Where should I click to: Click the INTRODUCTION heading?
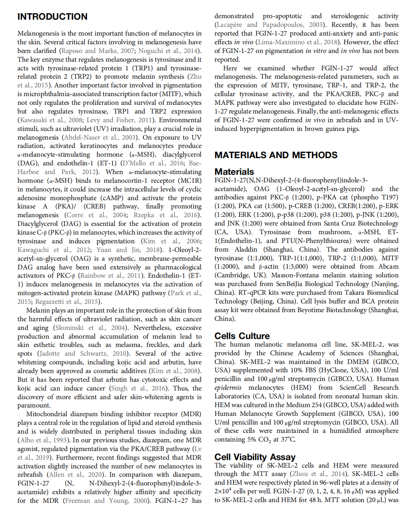pos(52,17)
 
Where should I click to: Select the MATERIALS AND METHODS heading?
pos(276,155)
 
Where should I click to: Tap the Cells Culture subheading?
pos(242,336)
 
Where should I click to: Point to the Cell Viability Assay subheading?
pos(255,457)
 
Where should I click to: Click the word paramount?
pos(33,405)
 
